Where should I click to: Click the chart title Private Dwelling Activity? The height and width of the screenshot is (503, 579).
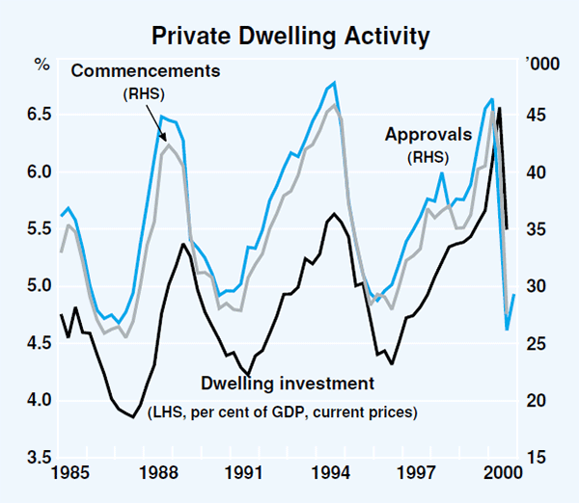tap(289, 37)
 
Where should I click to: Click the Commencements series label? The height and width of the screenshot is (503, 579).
tap(145, 71)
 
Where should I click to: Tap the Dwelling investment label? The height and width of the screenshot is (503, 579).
tap(288, 384)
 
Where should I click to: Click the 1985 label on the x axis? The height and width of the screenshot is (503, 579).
tap(74, 474)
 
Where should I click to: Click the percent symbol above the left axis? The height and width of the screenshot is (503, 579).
tap(41, 66)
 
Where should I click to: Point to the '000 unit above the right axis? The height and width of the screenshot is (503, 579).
tap(537, 65)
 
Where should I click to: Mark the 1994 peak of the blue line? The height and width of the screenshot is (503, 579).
tap(334, 84)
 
